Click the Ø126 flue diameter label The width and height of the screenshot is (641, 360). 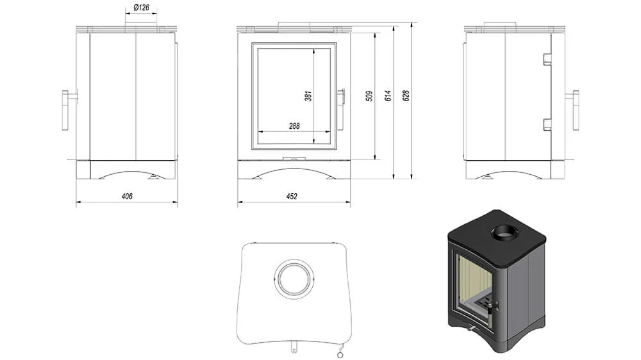pos(142,8)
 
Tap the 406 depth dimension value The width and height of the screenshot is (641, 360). pos(127,196)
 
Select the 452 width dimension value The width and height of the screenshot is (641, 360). pos(292,196)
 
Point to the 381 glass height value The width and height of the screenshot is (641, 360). pos(308,96)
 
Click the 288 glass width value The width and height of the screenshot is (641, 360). pos(294,126)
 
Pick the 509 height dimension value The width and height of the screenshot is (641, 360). pos(369,96)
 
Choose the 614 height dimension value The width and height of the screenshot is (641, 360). pos(388,95)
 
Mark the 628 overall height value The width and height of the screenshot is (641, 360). pos(406,95)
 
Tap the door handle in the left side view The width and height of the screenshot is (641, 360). pos(65,110)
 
